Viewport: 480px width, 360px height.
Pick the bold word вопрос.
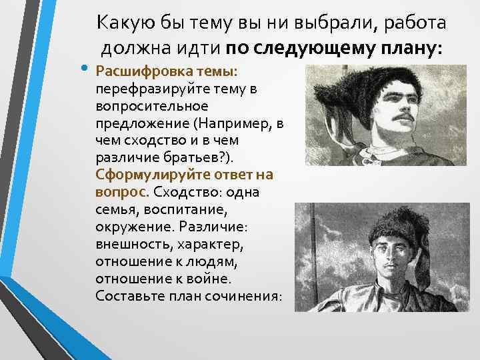coord(123,193)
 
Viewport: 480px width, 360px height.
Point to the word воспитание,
coord(183,210)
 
